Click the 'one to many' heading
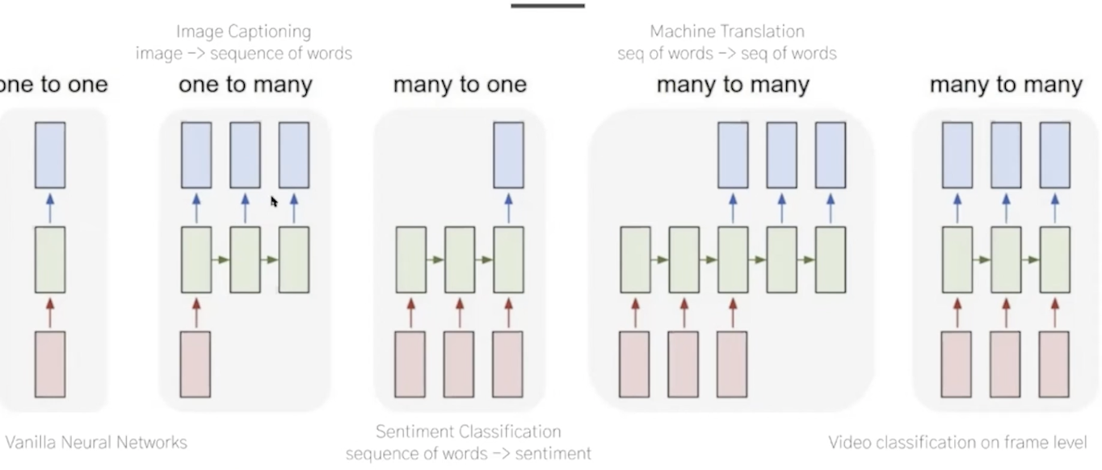[245, 85]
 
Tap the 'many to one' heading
[460, 85]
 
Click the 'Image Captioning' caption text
[243, 32]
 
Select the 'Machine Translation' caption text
[727, 32]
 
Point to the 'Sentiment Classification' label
[468, 432]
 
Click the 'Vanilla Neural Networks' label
[96, 443]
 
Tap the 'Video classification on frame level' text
[957, 443]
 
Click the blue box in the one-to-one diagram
[50, 155]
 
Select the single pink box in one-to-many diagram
[196, 364]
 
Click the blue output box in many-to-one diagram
[508, 155]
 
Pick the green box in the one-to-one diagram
[50, 259]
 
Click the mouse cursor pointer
[274, 201]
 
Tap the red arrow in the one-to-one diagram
[50, 313]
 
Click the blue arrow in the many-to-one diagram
[508, 208]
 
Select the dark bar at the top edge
[547, 5]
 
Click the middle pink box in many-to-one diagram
[459, 364]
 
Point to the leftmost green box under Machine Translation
[635, 259]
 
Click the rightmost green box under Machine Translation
[831, 259]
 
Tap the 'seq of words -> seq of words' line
[727, 54]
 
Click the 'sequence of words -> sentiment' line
[468, 454]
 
